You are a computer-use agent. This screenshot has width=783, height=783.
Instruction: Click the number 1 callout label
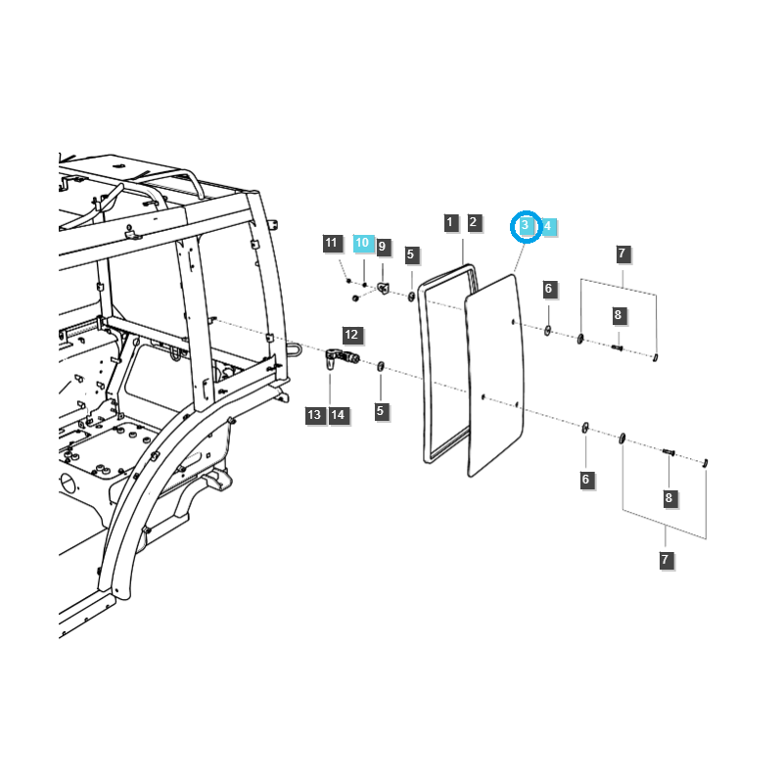point(450,222)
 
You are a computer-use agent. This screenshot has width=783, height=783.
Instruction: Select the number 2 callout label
point(473,222)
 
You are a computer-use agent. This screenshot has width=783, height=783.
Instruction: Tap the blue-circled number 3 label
point(527,226)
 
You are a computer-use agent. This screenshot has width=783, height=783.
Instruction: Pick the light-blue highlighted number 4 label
point(548,226)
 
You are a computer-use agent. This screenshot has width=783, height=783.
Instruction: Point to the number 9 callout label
point(383,246)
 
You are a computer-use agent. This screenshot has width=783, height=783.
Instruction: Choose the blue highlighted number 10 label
point(363,242)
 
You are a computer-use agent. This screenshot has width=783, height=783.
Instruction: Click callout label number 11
point(331,243)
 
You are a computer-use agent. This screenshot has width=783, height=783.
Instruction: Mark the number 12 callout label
point(352,334)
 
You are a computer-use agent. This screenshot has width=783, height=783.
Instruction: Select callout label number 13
point(314,415)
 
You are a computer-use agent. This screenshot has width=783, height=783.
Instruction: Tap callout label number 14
point(338,415)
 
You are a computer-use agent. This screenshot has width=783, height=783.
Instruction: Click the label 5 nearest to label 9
point(412,255)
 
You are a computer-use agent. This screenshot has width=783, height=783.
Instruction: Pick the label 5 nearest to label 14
point(381,412)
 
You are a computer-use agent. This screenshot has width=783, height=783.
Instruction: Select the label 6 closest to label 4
point(549,289)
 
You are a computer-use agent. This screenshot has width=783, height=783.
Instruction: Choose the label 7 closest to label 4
point(622,254)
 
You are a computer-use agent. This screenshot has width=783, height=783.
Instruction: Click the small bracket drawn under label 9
point(384,287)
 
